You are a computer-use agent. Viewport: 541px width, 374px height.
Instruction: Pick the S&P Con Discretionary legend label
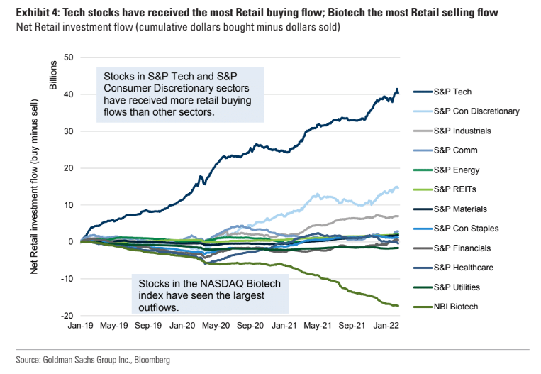(476, 111)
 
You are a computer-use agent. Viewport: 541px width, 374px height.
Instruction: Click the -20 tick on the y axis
(68, 315)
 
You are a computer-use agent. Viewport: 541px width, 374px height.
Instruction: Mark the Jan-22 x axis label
(386, 326)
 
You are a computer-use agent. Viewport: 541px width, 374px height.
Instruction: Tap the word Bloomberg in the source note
(150, 361)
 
